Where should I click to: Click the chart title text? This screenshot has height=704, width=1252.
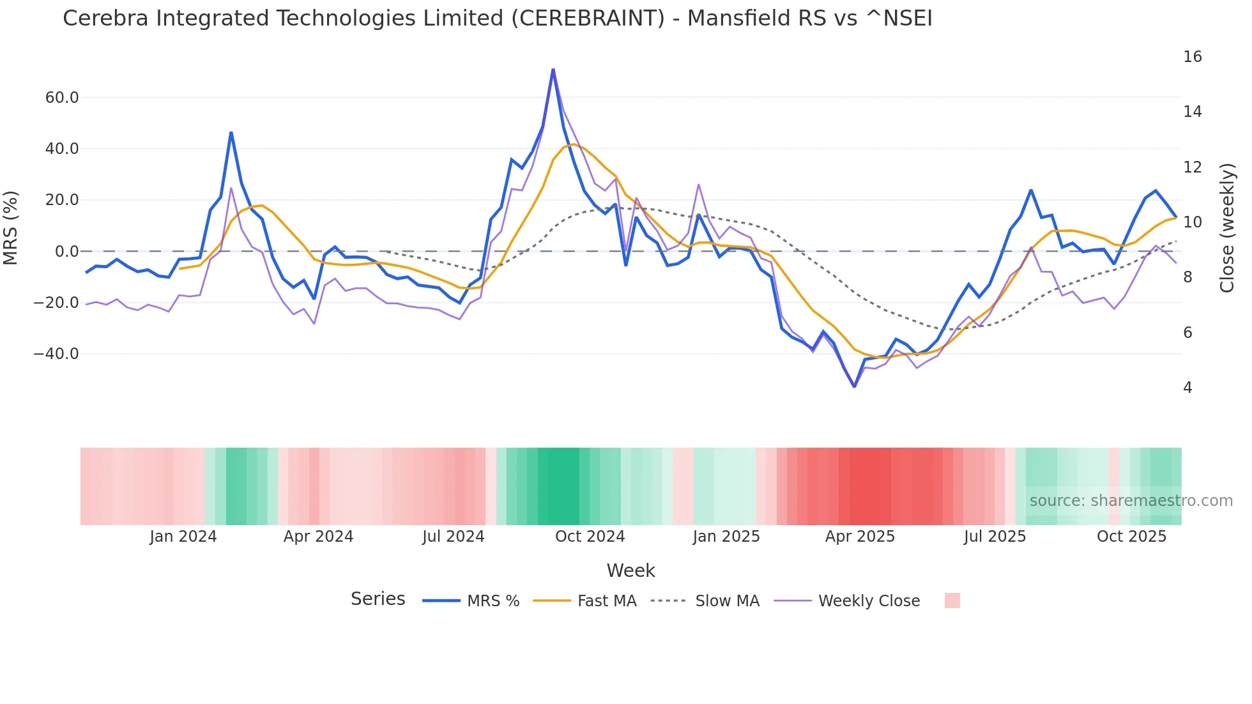497,19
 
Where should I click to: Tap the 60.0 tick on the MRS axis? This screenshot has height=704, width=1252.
62,98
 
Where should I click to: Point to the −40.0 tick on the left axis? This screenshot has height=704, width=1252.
56,353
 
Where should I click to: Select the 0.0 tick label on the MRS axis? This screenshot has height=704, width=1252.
67,251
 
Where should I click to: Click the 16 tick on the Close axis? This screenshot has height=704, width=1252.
1192,57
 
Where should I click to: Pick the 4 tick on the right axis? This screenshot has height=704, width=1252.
1187,388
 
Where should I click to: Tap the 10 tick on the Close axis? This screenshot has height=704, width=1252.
1192,222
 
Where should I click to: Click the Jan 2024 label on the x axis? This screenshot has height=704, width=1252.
183,537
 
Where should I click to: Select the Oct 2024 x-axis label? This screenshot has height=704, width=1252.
590,537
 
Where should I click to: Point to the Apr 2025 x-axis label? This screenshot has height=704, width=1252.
860,537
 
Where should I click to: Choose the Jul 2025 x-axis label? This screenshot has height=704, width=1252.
995,537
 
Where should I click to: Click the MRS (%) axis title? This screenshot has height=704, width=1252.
11,227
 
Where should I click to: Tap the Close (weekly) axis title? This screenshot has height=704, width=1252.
1227,227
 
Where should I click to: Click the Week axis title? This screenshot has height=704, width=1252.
630,570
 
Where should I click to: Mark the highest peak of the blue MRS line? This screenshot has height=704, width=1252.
553,69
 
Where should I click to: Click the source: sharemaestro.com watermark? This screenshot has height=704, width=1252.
1131,501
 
